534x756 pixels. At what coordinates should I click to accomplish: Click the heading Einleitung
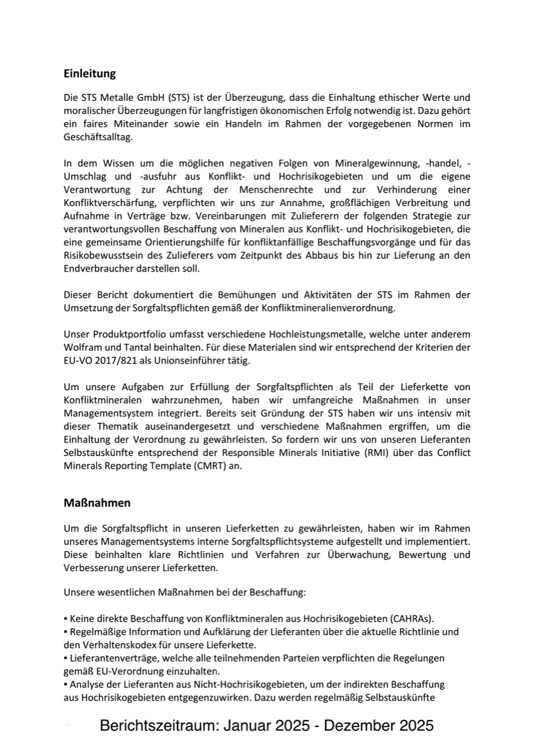pyautogui.click(x=90, y=74)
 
